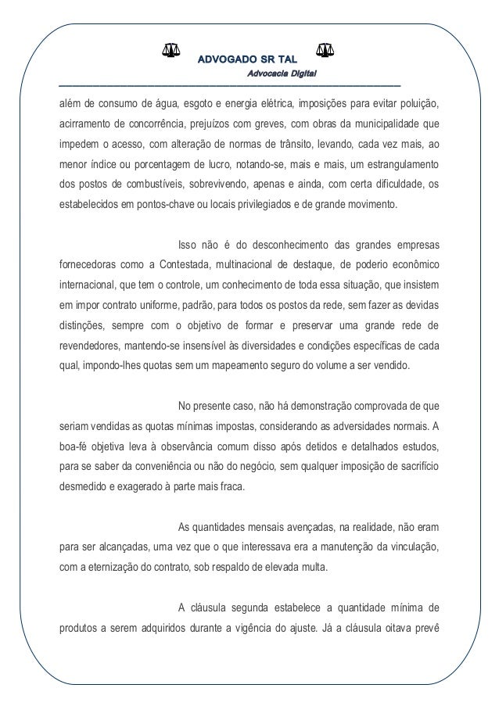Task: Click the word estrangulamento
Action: (395, 166)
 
